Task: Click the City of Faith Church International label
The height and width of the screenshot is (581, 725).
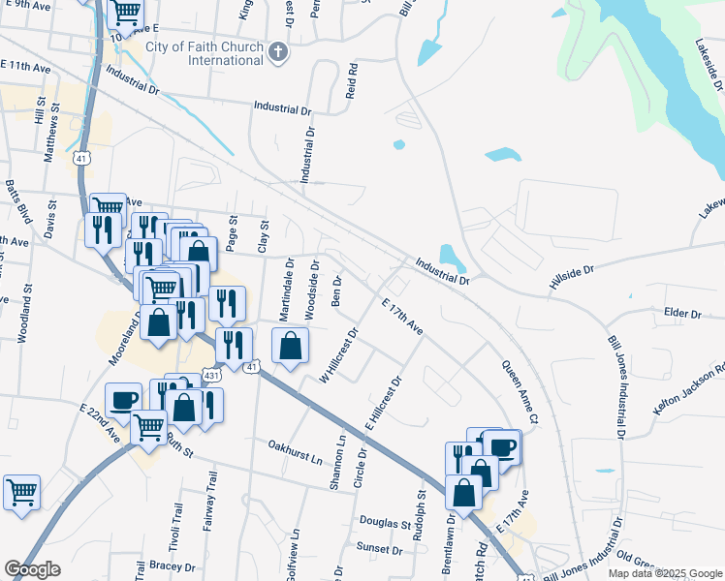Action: (x=205, y=53)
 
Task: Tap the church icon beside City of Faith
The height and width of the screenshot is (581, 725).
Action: (x=278, y=51)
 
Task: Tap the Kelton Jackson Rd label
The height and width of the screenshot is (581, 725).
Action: (x=689, y=392)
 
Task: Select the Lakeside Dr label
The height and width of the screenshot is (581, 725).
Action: (x=709, y=64)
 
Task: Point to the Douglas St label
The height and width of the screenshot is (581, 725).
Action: (x=386, y=524)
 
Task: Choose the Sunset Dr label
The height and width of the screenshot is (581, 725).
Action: (x=379, y=549)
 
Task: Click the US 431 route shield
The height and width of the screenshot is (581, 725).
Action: (x=211, y=375)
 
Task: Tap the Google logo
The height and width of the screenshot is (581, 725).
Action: (x=32, y=569)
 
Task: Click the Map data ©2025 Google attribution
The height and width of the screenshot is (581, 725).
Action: (x=664, y=573)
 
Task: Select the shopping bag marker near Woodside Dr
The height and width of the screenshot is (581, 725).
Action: (x=290, y=345)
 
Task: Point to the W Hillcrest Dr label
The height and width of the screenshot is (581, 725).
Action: (x=340, y=355)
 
